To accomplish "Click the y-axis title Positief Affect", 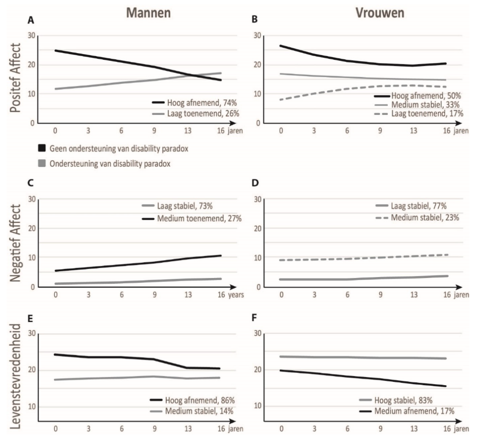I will [16, 79].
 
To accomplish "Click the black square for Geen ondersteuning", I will [42, 149].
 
